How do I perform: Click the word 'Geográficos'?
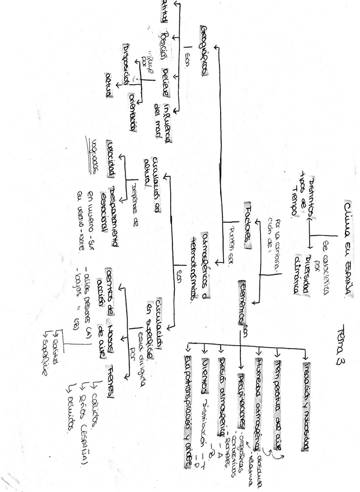(x=203, y=50)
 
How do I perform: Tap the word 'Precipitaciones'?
(x=240, y=401)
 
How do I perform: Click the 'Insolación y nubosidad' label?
(x=306, y=406)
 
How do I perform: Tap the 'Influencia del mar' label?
(x=164, y=119)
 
